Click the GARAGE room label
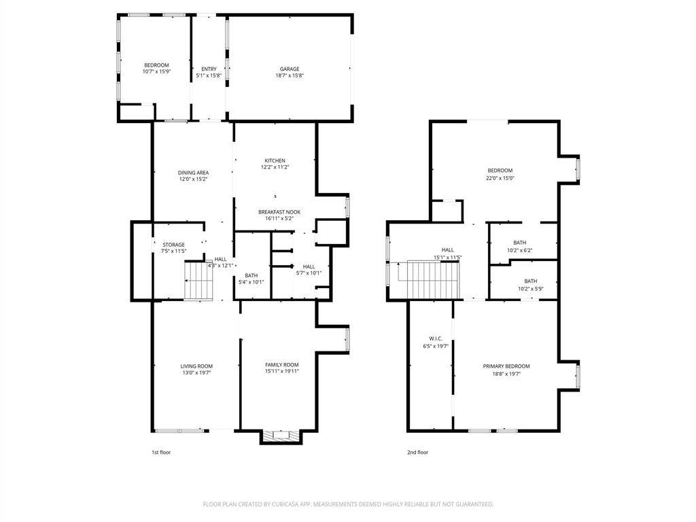point(290,69)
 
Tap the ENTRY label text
point(209,69)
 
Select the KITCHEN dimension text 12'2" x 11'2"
point(275,167)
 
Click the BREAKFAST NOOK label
point(279,212)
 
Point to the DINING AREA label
point(193,173)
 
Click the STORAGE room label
point(173,245)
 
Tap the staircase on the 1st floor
point(200,281)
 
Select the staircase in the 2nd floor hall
point(434,279)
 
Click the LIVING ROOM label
point(196,366)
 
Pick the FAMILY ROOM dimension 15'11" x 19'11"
point(281,371)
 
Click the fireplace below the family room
point(279,436)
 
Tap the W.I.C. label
point(436,338)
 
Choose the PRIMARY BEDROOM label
point(506,366)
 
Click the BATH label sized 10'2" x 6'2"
point(520,243)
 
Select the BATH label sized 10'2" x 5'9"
point(530,281)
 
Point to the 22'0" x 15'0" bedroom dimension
point(500,178)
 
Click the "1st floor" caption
point(162,452)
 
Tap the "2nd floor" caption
point(417,452)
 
